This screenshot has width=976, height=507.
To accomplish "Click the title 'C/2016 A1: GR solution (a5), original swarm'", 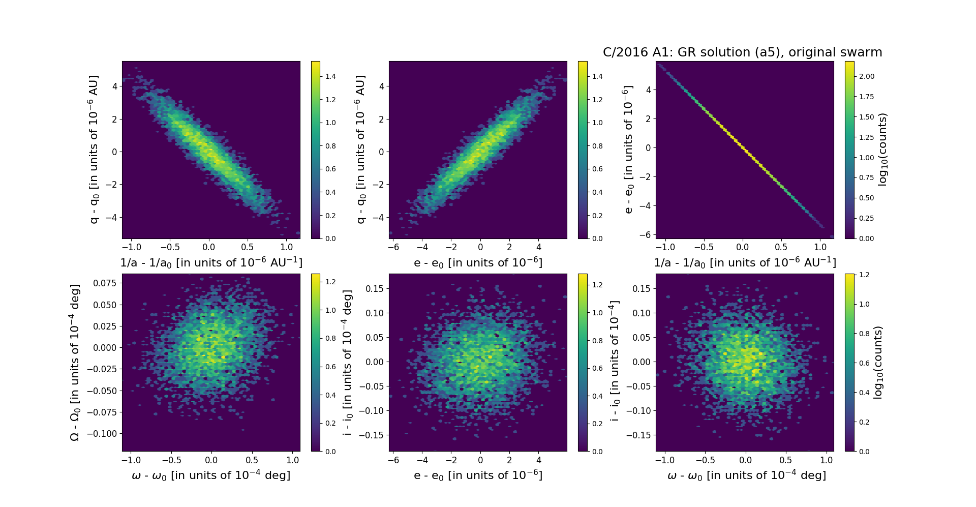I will (742, 52).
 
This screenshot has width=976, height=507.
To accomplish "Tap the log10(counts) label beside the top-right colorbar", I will (883, 150).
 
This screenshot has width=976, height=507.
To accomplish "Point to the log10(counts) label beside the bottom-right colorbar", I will (878, 362).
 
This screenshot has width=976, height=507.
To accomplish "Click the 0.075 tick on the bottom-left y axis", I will (104, 283).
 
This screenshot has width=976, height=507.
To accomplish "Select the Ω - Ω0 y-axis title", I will (75, 362).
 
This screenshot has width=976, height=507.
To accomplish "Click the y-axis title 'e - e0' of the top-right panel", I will (629, 150).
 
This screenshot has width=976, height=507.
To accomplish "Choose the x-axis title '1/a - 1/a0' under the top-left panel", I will (211, 263).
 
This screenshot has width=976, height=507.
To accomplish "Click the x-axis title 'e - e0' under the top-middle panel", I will (478, 263).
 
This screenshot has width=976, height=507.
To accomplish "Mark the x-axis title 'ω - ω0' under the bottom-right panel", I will (746, 475).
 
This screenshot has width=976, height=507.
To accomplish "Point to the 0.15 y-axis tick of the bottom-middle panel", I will (375, 289).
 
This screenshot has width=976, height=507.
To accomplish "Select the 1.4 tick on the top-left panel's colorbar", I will (330, 76).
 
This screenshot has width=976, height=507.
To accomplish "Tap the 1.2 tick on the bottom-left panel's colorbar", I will (330, 282).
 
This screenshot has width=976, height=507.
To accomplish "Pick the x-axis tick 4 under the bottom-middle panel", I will (539, 460).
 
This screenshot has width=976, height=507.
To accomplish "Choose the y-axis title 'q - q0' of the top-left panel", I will (94, 150).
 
